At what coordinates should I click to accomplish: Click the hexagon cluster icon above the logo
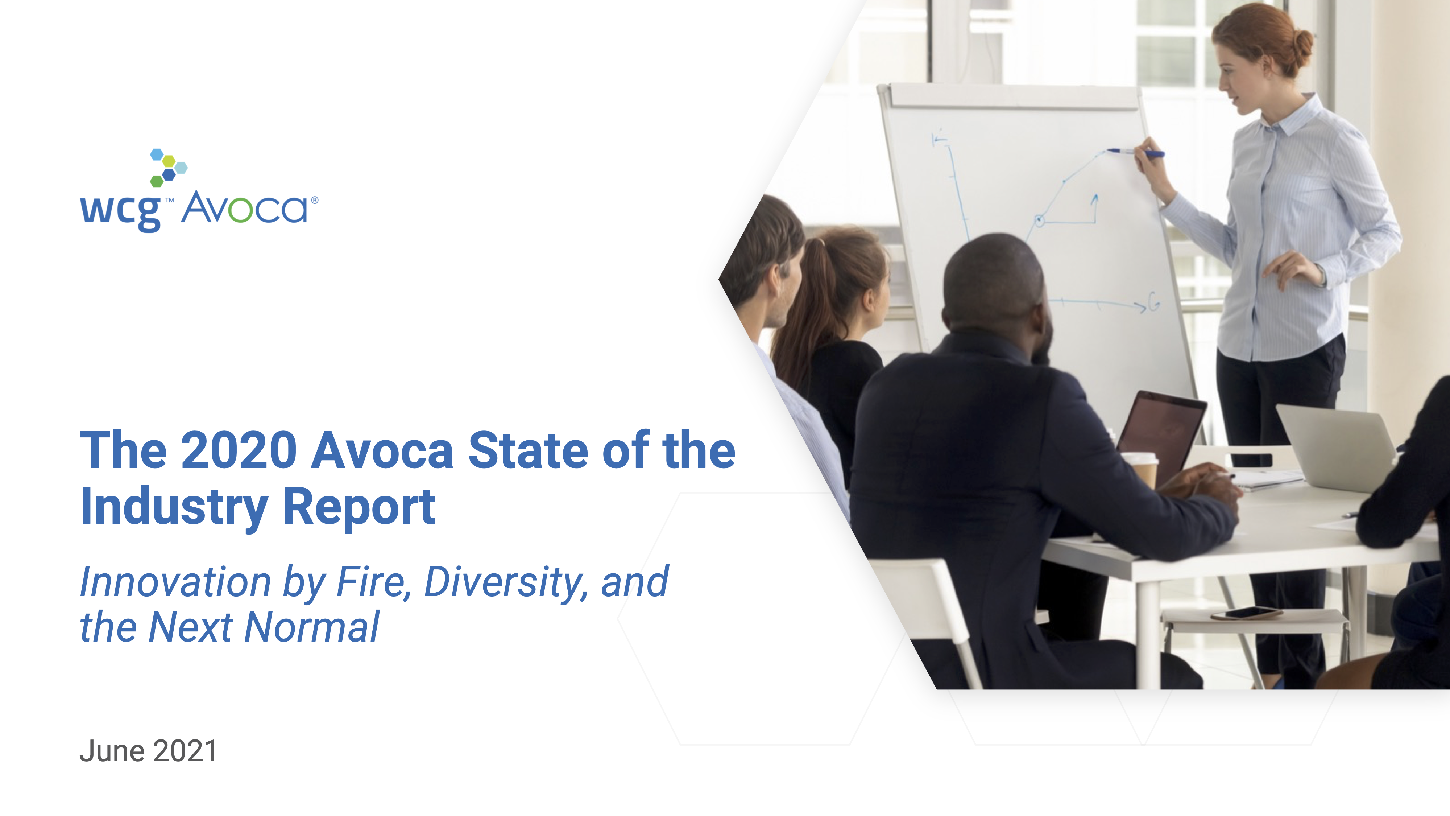[x=168, y=167]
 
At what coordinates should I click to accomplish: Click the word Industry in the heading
[x=174, y=507]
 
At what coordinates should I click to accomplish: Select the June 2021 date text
[x=148, y=751]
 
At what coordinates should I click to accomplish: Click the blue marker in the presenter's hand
[x=1135, y=152]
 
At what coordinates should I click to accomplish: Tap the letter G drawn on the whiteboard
[x=1154, y=302]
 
